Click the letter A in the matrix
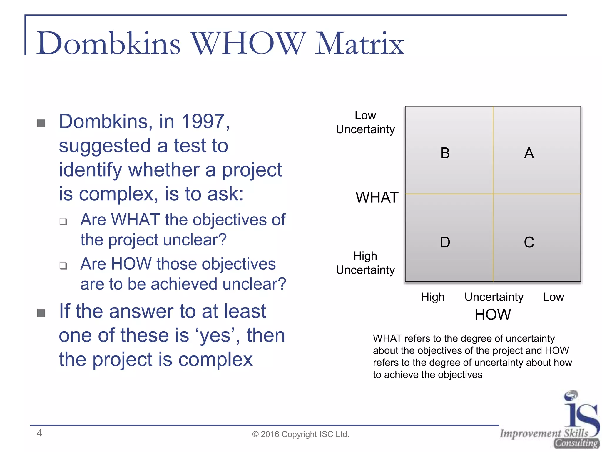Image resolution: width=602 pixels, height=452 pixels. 529,153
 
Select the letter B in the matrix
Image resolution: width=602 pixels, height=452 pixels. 445,153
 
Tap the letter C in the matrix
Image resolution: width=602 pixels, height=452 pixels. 529,242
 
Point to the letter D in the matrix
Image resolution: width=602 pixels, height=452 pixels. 445,242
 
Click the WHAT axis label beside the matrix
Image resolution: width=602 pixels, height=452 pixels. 377,197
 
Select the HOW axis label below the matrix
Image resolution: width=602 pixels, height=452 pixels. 493,314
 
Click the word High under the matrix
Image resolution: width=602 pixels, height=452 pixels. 433,297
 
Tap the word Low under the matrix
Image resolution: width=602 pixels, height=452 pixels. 553,297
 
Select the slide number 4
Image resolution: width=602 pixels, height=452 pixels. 39,433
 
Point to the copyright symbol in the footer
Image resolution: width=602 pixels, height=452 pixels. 255,434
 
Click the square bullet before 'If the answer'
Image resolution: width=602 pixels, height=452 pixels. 41,313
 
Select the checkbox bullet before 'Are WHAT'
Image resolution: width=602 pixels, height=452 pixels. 63,221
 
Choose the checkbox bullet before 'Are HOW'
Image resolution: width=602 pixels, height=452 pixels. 63,266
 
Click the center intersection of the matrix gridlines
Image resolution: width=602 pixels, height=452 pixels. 493,194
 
